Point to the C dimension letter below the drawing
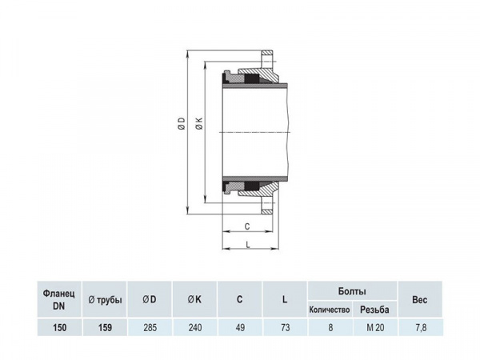pyautogui.click(x=247, y=225)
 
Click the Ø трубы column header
pyautogui.click(x=105, y=300)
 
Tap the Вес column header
pyautogui.click(x=420, y=300)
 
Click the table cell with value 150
pyautogui.click(x=60, y=327)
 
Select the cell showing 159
pyautogui.click(x=105, y=327)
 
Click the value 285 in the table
pyautogui.click(x=150, y=327)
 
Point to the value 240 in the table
pyautogui.click(x=194, y=327)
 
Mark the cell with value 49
pyautogui.click(x=239, y=327)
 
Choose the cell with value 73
pyautogui.click(x=284, y=327)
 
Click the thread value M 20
pyautogui.click(x=375, y=327)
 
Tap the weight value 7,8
pyautogui.click(x=420, y=327)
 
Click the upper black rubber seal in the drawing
pyautogui.click(x=254, y=80)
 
